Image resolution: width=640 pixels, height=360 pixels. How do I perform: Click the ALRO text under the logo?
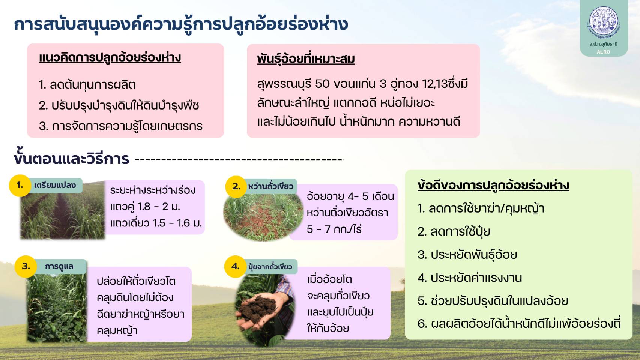tap(603, 52)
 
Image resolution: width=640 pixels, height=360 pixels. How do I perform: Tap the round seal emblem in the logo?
tap(604, 21)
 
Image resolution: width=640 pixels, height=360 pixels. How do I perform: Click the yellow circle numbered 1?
tap(20, 185)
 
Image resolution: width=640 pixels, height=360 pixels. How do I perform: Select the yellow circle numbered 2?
tap(236, 187)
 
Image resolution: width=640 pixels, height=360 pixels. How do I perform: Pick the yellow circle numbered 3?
tap(26, 266)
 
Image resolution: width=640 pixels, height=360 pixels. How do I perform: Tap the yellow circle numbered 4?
tap(236, 266)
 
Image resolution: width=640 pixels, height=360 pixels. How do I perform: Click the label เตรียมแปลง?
tap(55, 185)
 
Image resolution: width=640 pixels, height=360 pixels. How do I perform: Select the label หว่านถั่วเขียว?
tap(271, 186)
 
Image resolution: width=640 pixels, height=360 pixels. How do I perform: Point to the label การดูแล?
tap(59, 266)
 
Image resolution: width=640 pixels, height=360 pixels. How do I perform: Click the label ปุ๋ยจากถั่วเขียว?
tap(270, 267)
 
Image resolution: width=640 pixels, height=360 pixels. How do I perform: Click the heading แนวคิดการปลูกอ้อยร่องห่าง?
tap(110, 58)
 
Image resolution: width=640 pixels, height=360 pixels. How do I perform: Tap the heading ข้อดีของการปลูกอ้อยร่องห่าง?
tap(493, 185)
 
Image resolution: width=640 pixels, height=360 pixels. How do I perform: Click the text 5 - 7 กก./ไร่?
tap(334, 229)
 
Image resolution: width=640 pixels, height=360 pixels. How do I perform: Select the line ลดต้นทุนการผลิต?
tap(87, 85)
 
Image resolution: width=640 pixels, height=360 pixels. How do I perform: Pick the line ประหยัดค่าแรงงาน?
tap(470, 278)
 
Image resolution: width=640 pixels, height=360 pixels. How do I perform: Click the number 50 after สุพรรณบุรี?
tap(322, 84)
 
